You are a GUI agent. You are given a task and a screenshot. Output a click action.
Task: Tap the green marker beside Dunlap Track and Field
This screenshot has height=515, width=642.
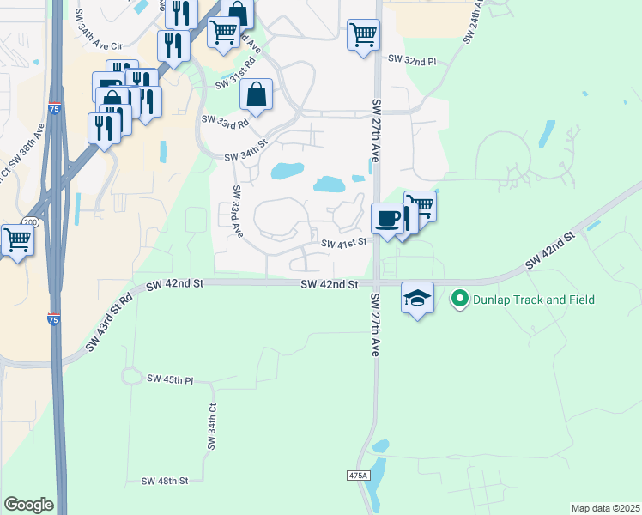pos(460,300)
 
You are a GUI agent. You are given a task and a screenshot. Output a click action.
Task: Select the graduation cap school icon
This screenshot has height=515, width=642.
pos(417,298)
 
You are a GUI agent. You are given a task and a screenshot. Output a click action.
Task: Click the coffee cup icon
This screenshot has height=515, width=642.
pos(387,217)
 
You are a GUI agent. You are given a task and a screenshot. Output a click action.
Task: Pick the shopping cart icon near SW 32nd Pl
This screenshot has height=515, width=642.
pos(363,35)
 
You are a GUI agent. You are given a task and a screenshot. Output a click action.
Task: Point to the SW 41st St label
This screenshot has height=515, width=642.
pos(344,243)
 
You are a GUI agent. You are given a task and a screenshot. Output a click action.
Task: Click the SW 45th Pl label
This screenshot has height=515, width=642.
pos(170,379)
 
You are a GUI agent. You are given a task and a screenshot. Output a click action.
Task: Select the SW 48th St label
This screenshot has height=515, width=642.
pos(165,481)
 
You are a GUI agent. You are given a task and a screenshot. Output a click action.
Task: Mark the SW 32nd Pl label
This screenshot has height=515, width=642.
pos(412,60)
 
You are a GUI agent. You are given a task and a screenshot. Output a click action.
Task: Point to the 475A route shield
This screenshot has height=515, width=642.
pos(359,476)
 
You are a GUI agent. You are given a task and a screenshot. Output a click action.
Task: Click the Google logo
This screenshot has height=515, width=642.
pos(28,505)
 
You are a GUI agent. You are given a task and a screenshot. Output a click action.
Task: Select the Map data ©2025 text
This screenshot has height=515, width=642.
pos(606,508)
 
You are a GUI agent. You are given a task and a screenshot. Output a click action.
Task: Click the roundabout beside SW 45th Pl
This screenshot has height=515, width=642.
pos(131,376)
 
